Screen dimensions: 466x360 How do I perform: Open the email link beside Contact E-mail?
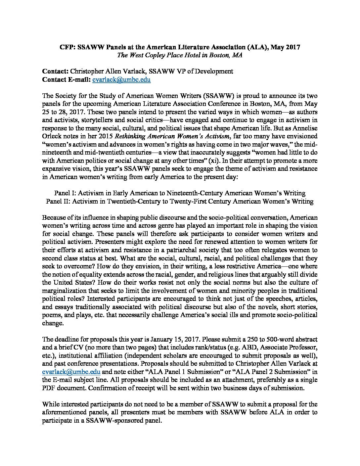(121, 79)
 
